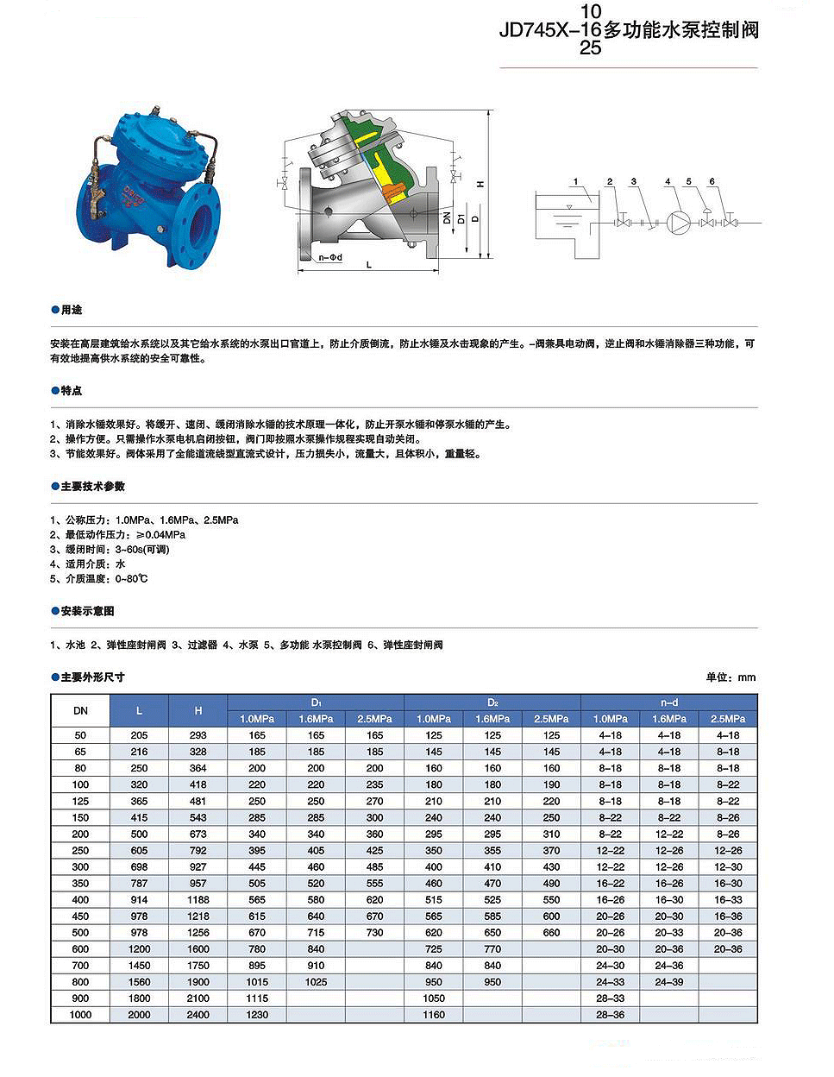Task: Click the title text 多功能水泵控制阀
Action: click(x=680, y=30)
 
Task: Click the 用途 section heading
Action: click(x=71, y=310)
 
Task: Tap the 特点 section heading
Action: click(x=71, y=391)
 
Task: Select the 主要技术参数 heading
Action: click(x=92, y=487)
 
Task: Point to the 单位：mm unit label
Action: click(x=731, y=677)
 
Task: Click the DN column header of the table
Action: click(x=80, y=711)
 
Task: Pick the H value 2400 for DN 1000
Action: click(x=198, y=1015)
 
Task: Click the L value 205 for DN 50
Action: click(x=139, y=735)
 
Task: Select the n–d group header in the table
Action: click(x=668, y=702)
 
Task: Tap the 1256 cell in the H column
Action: click(x=198, y=933)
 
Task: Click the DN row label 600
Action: click(x=80, y=949)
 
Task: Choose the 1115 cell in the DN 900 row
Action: click(x=257, y=998)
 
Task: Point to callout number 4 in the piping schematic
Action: click(x=668, y=182)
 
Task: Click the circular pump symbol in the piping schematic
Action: click(x=679, y=223)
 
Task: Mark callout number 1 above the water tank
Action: click(x=575, y=182)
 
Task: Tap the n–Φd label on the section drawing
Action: click(x=330, y=257)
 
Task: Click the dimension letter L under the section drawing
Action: click(x=369, y=265)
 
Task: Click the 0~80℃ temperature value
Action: click(x=131, y=579)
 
